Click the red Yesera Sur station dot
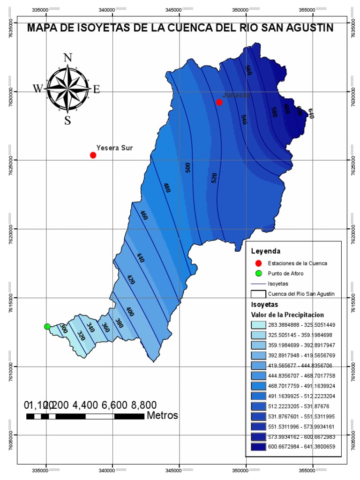coord(93,155)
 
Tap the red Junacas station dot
coord(219,102)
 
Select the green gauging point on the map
coord(47,326)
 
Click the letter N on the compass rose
coord(67,58)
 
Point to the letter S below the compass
coord(67,120)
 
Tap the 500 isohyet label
coord(188,168)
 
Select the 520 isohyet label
coord(214,178)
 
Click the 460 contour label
coord(144,216)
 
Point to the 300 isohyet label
coord(64,329)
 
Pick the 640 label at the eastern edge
coord(310,113)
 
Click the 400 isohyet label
coord(130,312)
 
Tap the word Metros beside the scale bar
coord(162,415)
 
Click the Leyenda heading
coord(265,250)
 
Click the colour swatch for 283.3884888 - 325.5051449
coord(258,324)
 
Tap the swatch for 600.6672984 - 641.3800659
coord(258,447)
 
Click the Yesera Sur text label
coord(114,148)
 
